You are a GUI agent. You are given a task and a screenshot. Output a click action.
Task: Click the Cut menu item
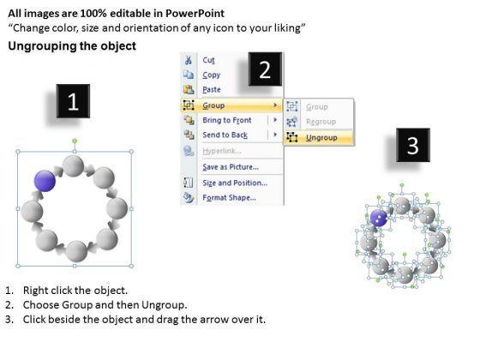click(208, 60)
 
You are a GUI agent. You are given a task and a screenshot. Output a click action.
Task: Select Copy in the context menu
click(211, 75)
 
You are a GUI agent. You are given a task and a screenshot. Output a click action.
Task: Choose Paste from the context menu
click(212, 89)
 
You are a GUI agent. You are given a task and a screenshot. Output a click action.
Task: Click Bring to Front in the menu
click(227, 120)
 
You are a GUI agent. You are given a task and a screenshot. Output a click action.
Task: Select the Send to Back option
click(225, 135)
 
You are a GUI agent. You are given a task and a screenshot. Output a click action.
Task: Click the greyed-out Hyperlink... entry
click(222, 151)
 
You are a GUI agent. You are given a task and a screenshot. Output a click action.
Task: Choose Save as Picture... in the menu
click(231, 167)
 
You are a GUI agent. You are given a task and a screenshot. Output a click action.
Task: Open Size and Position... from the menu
click(235, 183)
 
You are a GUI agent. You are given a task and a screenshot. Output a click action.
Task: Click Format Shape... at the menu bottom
click(229, 197)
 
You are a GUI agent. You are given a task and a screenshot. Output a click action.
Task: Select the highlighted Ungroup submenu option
click(321, 138)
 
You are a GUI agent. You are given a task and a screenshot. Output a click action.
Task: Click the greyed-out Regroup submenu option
click(321, 122)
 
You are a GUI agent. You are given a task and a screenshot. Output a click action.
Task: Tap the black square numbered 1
click(73, 101)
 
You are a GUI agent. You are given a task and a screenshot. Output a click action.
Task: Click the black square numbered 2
click(265, 69)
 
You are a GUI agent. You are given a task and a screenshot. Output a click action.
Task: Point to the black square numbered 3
click(413, 145)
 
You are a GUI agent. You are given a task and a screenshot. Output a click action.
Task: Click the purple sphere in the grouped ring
click(45, 181)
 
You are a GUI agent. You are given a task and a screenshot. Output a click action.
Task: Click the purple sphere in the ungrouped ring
click(379, 218)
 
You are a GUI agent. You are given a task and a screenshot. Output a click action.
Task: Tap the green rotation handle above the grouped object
click(75, 141)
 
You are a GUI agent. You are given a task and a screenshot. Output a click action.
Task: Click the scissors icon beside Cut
click(189, 60)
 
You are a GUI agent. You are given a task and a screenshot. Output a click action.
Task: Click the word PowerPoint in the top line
click(195, 14)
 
